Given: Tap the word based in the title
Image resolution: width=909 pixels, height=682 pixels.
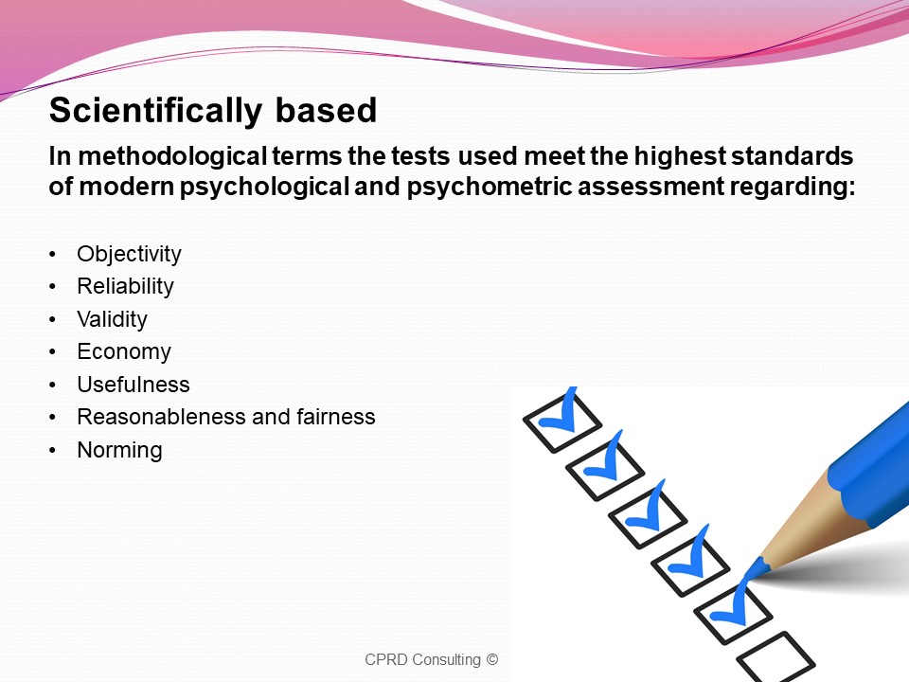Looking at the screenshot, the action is pos(326,110).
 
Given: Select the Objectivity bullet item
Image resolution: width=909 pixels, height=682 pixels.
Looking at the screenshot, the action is pos(129,255).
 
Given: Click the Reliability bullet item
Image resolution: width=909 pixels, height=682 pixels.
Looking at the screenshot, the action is pos(125,287).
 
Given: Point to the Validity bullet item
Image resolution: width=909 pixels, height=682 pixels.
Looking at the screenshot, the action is pos(112,319).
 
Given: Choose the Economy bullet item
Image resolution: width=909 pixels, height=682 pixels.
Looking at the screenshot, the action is pos(124,352).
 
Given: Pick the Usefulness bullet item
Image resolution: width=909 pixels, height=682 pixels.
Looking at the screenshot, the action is pos(134,385).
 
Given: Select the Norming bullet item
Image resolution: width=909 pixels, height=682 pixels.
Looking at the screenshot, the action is pos(119,451).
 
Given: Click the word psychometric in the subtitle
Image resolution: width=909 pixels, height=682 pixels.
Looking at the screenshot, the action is pos(490,188).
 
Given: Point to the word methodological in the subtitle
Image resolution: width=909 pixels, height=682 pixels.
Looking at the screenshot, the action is pos(172,156).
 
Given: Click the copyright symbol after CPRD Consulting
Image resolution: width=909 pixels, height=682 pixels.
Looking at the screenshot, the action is pos(492,659).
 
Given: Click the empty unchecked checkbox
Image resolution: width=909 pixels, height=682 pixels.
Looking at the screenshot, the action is pos(776,657).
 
